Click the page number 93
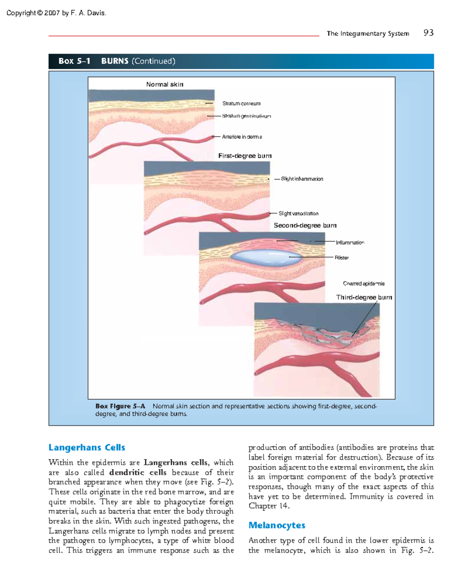tap(428, 33)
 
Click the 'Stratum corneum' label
tap(241, 103)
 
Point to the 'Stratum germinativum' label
tap(246, 116)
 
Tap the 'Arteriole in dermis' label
tap(242, 137)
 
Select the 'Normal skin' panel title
tap(165, 84)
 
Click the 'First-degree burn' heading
tap(245, 156)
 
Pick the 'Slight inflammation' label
tap(302, 179)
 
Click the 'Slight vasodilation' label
tap(298, 213)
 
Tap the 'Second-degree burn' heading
tap(305, 225)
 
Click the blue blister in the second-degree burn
tap(265, 257)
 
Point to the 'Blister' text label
tap(342, 257)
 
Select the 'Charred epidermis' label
tap(363, 284)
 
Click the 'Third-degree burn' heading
tap(364, 297)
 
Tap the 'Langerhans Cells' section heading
tap(87, 447)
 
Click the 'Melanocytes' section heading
tap(277, 525)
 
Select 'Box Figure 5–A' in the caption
tap(120, 406)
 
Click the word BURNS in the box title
tap(115, 61)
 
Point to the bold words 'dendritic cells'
tap(138, 472)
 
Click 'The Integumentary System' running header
tap(368, 34)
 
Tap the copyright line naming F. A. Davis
tap(56, 13)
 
